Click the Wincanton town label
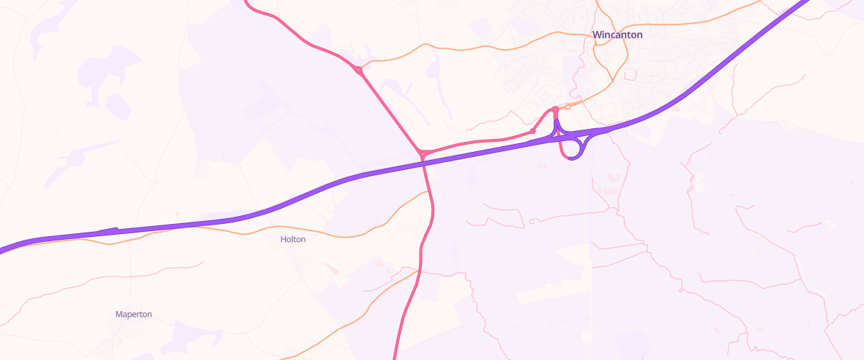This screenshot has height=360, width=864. [x=617, y=35]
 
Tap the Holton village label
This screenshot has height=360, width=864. [x=293, y=239]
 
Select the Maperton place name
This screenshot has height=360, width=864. [x=133, y=314]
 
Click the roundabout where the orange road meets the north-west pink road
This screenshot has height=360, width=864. [x=358, y=70]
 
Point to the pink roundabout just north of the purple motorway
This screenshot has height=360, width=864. [x=423, y=153]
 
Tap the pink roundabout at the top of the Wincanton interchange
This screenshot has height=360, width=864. [x=555, y=109]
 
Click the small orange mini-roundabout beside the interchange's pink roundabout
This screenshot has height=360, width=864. [x=568, y=107]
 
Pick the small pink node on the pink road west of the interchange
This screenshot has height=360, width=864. [x=532, y=131]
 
